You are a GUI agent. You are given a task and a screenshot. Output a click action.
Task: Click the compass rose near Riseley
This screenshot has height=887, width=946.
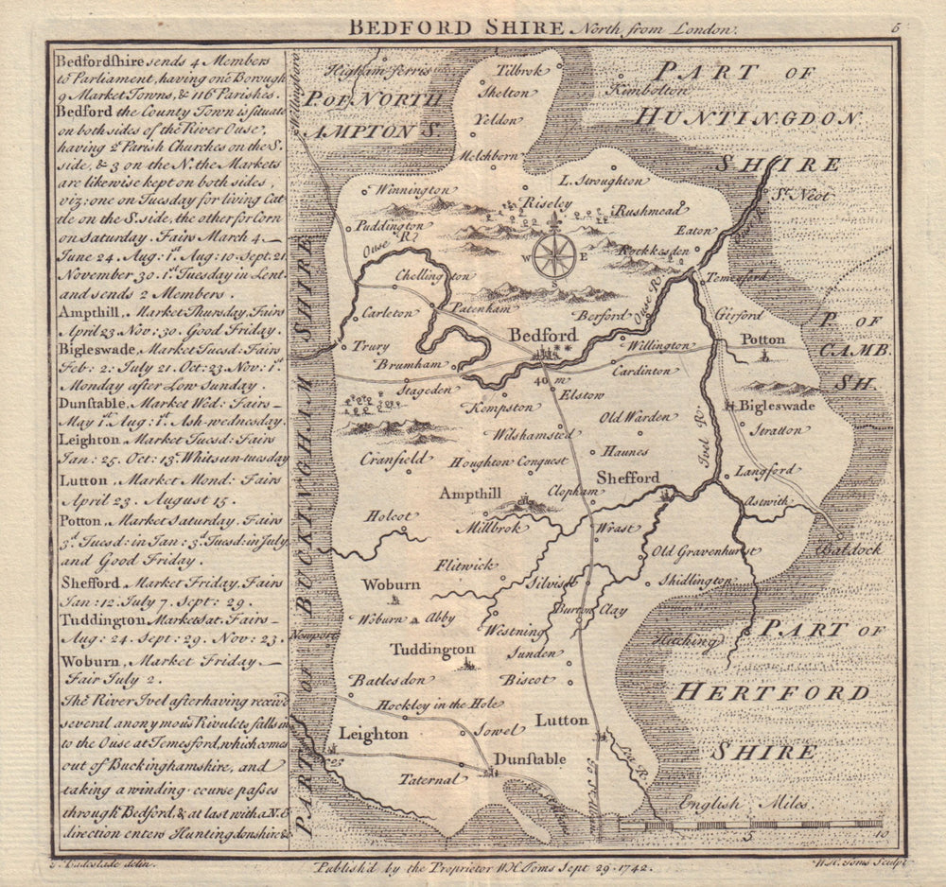click(x=553, y=255)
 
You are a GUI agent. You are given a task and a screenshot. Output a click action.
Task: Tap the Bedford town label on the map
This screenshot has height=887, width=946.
click(x=542, y=335)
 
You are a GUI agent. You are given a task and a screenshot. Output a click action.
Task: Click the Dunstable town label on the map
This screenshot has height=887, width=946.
click(x=529, y=758)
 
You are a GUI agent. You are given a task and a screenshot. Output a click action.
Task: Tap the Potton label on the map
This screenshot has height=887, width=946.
click(x=762, y=339)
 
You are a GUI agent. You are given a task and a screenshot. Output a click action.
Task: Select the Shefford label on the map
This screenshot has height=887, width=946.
click(x=627, y=478)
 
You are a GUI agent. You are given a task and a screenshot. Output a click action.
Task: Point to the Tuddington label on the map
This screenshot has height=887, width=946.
click(x=432, y=650)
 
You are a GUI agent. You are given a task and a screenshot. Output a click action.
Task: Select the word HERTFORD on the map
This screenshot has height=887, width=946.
click(x=770, y=693)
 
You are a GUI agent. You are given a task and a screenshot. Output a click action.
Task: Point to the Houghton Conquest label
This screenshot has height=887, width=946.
click(x=509, y=461)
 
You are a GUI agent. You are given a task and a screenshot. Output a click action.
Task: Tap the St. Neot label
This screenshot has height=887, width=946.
click(x=792, y=195)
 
